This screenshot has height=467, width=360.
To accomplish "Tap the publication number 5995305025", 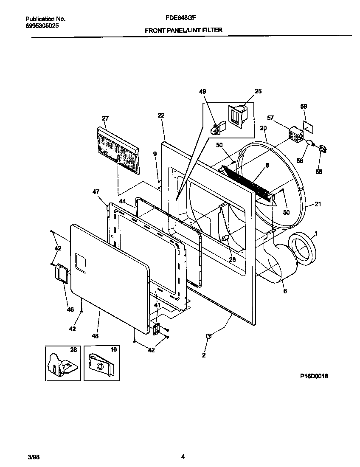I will click(42, 25).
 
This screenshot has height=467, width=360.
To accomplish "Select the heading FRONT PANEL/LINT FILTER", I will click(183, 30).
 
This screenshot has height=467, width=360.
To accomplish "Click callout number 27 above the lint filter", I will click(106, 118).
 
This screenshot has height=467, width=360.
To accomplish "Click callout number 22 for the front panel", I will click(160, 115).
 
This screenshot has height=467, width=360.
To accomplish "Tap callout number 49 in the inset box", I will click(202, 92).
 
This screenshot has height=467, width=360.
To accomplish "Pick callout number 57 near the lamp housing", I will click(271, 118).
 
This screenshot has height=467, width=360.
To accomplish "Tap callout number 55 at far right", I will click(319, 172).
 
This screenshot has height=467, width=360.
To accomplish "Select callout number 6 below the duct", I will click(285, 291).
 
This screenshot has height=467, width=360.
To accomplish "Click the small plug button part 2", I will click(208, 336).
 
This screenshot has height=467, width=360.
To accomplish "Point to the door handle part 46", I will click(61, 273).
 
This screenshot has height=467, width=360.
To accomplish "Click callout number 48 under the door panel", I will click(95, 336).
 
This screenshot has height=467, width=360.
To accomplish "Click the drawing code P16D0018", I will click(315, 376).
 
